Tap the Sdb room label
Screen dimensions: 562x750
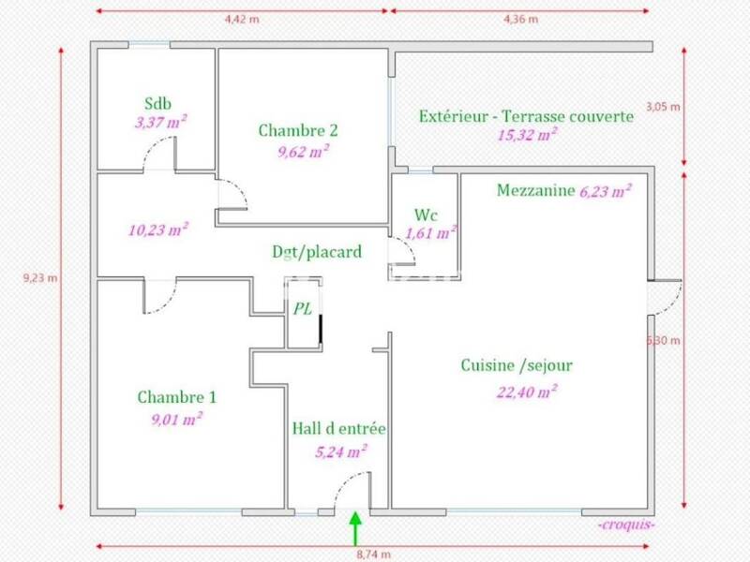(x=158, y=103)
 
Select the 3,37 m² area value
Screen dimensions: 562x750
(x=158, y=120)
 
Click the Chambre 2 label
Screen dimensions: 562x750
(x=298, y=130)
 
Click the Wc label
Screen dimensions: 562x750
(x=426, y=214)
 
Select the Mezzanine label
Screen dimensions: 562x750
(x=534, y=191)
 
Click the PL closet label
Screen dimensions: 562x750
(x=303, y=308)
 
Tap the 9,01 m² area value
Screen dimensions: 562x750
(x=176, y=418)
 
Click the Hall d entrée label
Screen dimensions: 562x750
(x=338, y=429)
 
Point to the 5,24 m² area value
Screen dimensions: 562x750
(x=340, y=451)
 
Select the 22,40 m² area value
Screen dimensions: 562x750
(x=527, y=391)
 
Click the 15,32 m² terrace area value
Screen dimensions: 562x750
(x=527, y=135)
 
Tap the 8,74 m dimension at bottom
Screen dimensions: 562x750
(x=372, y=554)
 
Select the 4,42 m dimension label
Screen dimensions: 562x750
(x=241, y=16)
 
